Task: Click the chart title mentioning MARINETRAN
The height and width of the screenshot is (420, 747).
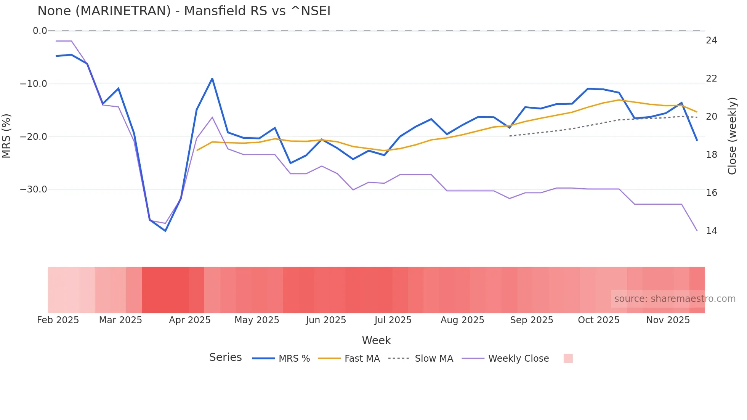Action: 184,11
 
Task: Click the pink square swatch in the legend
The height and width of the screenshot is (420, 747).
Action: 568,358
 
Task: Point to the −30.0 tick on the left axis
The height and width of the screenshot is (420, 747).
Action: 34,189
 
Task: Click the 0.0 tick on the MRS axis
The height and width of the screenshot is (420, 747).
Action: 40,31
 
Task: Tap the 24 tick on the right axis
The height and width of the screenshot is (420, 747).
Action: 711,40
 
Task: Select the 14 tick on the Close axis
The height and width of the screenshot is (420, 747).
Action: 711,231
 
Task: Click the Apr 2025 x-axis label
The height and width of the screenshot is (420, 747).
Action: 189,320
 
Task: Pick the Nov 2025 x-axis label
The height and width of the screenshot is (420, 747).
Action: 668,320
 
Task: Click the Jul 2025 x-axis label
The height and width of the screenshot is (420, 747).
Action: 393,320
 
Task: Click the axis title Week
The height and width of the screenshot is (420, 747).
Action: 376,340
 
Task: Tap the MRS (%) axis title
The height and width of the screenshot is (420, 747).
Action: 6,136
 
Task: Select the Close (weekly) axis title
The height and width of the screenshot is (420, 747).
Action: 732,136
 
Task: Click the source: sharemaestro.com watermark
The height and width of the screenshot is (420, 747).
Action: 675,299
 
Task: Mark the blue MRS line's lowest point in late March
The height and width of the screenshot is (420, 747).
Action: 165,231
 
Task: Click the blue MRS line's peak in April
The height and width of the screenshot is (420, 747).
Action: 212,79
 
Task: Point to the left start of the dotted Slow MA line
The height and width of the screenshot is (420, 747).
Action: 510,136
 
